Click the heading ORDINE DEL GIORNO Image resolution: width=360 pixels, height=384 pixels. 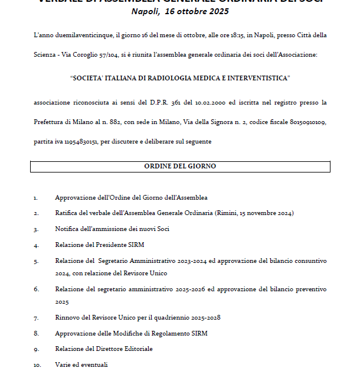[180, 167]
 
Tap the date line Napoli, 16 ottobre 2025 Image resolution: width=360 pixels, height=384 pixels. [180, 11]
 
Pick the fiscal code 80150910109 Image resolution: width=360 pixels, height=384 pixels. [306, 122]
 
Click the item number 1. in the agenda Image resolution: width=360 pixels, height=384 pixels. [36, 198]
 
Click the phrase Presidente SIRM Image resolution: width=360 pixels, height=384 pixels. [117, 245]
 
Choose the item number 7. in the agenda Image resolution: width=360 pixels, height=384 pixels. [36, 318]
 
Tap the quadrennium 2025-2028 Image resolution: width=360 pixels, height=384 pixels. [201, 318]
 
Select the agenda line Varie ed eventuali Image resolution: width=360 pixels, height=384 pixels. [81, 365]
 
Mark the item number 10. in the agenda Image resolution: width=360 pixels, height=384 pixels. [37, 365]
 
